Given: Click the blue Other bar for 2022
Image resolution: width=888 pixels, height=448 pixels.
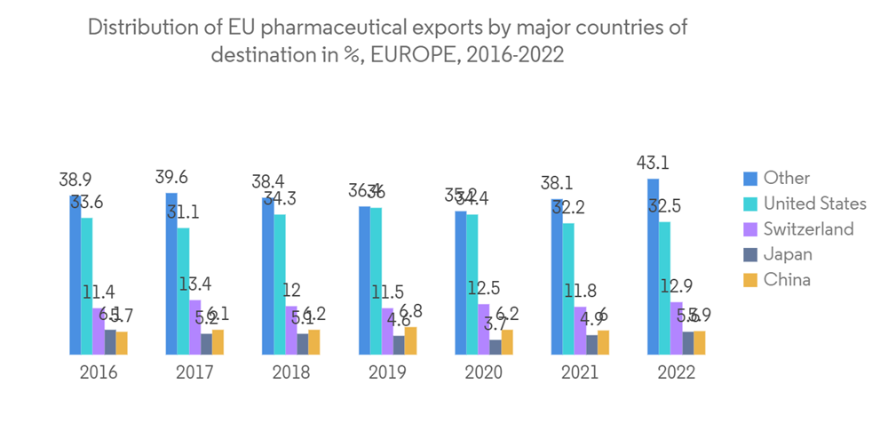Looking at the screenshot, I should point(653,267).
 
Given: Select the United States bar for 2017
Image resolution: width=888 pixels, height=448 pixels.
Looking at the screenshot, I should point(183,292).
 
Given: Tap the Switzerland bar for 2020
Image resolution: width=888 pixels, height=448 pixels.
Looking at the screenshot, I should point(484,330).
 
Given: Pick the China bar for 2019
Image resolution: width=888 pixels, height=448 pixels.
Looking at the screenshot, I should point(410,341).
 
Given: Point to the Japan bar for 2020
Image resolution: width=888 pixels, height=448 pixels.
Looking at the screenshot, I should point(496,348).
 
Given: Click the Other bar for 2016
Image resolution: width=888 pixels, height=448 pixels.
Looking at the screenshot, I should point(75,275).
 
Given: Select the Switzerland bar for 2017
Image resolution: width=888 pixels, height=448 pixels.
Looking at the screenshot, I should point(194,327).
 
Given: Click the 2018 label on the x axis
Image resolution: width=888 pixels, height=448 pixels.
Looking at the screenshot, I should point(291,372).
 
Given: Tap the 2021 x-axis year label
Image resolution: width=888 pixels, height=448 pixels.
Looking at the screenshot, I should point(580,372).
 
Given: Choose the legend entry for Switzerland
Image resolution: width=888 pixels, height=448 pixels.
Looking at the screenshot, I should point(808,229).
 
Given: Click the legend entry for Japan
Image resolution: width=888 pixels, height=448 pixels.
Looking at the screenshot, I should point(788,254).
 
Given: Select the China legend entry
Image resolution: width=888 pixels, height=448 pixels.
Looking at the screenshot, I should point(787,280).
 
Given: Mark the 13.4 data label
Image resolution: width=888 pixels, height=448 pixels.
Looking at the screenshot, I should point(194,284).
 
